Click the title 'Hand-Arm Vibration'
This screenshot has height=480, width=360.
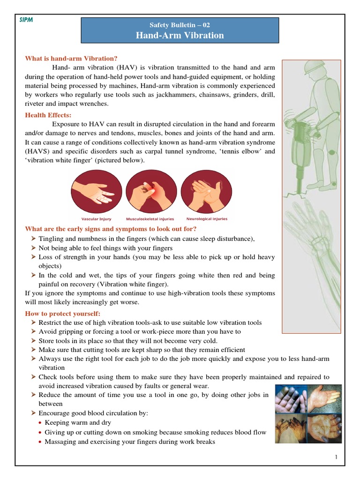click(180, 35)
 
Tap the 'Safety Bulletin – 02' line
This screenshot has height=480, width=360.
click(180, 25)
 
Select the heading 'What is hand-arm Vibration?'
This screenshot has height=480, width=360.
click(71, 59)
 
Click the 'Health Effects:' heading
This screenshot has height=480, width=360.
click(48, 115)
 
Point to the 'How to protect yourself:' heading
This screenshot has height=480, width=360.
click(62, 314)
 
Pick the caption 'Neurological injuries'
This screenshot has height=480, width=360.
click(207, 219)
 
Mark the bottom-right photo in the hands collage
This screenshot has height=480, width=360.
click(324, 427)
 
